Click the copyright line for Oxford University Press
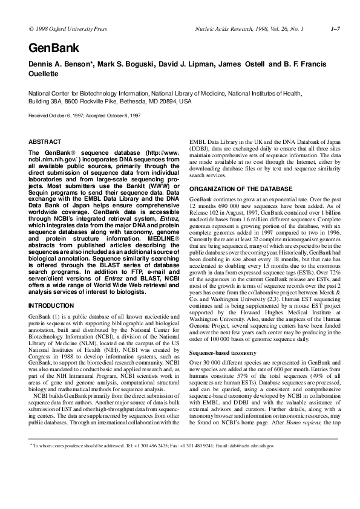(x=64, y=28)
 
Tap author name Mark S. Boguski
(x=123, y=64)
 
